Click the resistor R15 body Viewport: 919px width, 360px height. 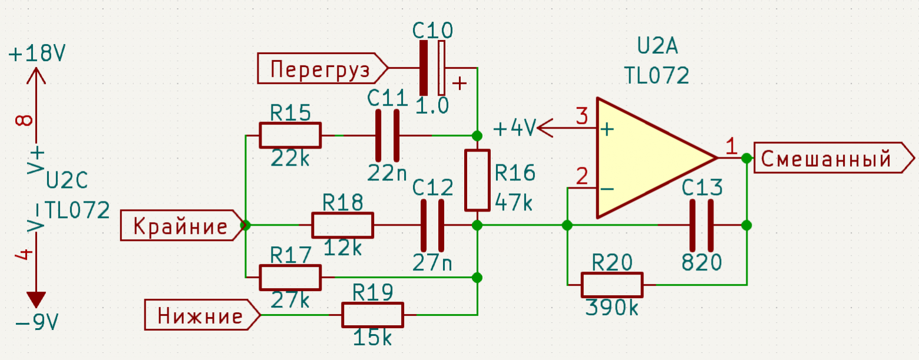(x=290, y=135)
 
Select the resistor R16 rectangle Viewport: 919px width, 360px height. (x=477, y=180)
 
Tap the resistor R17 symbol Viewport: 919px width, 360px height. (x=290, y=278)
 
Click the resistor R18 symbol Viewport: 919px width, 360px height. (x=343, y=225)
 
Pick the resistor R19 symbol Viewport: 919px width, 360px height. (x=372, y=315)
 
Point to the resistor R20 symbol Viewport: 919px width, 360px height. (x=612, y=285)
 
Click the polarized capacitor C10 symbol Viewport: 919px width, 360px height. (x=432, y=68)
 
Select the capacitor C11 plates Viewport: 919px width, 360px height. (x=387, y=136)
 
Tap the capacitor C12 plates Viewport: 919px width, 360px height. (x=432, y=225)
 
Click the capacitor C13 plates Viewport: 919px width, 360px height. (x=702, y=225)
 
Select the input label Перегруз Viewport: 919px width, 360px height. (x=322, y=68)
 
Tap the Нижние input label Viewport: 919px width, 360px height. (x=203, y=315)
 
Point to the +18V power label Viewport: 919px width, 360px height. (x=37, y=54)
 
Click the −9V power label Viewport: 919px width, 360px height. (x=37, y=323)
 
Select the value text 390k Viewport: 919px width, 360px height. (x=611, y=308)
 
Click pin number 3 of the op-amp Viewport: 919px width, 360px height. (x=582, y=116)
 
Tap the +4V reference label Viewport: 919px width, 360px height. (x=515, y=128)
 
